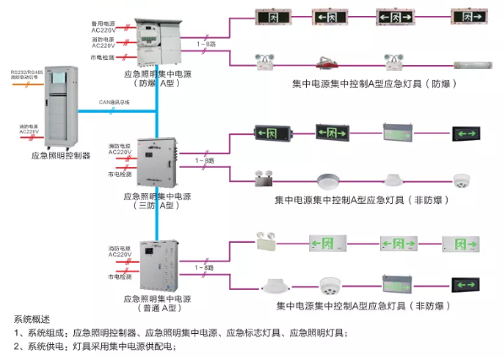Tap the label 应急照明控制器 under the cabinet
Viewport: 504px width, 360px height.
coord(61,155)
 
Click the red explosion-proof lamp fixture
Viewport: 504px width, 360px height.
coord(329,62)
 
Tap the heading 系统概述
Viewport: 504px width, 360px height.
coord(32,320)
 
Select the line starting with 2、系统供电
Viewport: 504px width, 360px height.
coord(94,346)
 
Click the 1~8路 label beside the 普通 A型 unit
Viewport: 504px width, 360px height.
coord(204,266)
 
